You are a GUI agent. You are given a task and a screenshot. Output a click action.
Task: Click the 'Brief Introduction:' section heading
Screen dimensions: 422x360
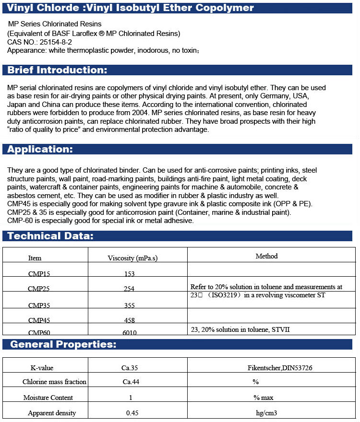57,70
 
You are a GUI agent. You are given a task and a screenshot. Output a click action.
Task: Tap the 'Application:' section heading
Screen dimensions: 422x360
40,149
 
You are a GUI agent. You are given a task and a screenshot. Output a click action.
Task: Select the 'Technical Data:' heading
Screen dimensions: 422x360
50,235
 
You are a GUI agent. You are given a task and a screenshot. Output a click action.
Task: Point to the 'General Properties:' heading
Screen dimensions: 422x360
63,344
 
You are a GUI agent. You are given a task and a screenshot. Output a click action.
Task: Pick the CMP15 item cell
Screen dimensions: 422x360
39,274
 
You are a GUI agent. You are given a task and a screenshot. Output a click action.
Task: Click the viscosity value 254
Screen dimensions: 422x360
129,289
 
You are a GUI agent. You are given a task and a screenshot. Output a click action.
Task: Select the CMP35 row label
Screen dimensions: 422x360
39,305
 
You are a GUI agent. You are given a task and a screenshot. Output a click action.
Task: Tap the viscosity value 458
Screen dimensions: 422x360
129,320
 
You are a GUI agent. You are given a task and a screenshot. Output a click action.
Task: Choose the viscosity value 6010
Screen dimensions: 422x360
129,333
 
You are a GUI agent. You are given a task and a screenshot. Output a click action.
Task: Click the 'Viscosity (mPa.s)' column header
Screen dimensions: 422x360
132,258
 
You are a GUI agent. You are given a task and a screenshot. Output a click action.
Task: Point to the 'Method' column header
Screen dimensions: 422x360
266,256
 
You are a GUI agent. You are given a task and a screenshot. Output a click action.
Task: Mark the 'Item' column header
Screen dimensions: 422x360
35,258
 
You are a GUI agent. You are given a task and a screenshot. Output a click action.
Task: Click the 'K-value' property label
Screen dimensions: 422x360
42,368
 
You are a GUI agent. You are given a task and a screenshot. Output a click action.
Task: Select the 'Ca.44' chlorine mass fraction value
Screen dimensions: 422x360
130,382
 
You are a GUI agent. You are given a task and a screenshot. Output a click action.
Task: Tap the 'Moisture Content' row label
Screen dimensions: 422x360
48,398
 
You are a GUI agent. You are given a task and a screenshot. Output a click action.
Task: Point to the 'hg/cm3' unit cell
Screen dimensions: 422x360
266,413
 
